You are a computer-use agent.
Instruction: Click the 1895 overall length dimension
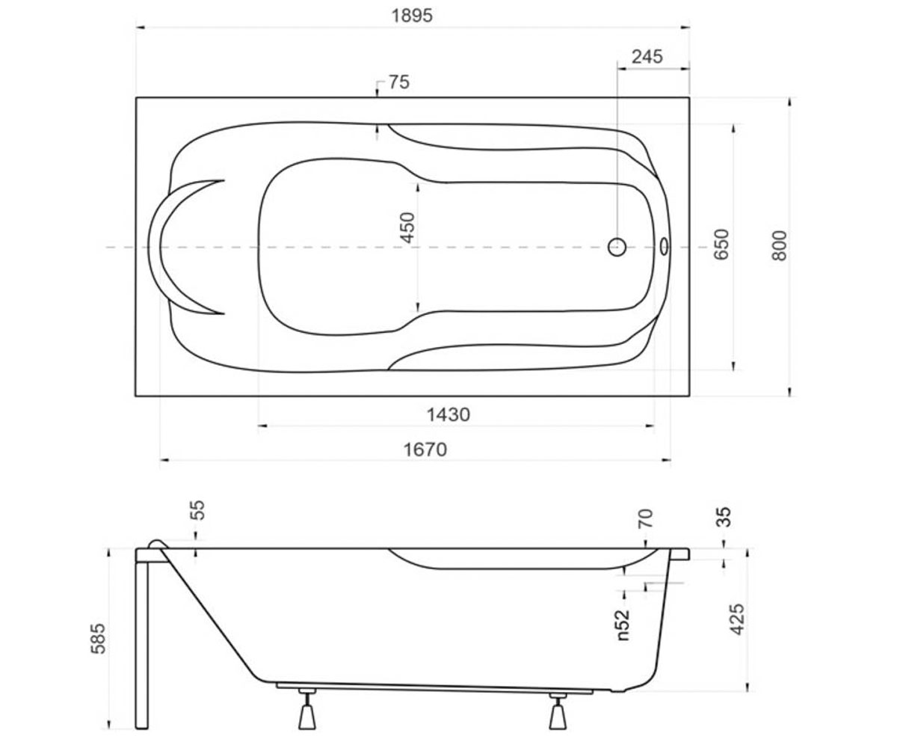coord(412,16)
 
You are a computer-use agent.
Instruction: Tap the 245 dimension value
coord(647,57)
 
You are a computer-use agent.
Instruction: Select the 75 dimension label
coord(399,82)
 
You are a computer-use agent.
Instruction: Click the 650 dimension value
coord(721,244)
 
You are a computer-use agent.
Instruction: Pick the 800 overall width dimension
coord(779,245)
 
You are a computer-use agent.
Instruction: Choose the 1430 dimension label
coord(448,415)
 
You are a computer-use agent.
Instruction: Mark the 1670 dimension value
coord(425,450)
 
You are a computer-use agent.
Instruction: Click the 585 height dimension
coord(98,638)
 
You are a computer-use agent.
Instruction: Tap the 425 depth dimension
coord(737,619)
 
